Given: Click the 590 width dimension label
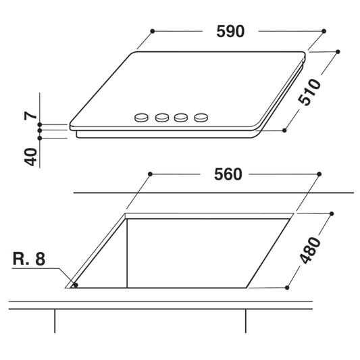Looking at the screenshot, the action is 230,31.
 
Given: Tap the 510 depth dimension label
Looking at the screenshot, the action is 309,93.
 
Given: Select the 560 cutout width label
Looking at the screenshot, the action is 228,174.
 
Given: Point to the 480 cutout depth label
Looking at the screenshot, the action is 310,251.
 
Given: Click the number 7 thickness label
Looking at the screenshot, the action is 30,115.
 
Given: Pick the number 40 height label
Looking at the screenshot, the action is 30,157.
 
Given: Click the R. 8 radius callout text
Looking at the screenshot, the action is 29,259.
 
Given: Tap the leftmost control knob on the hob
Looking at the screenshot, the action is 141,118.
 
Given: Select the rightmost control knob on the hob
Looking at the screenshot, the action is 201,118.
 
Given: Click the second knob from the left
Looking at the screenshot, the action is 162,118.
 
